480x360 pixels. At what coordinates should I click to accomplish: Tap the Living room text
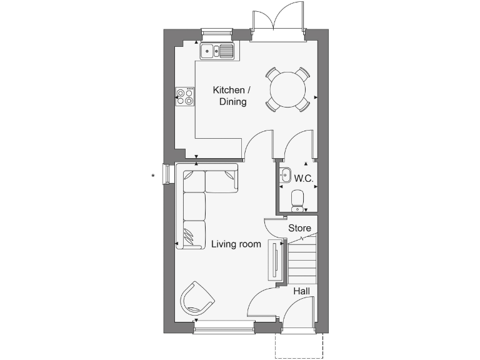click(x=236, y=244)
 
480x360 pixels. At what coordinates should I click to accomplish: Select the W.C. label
click(x=304, y=179)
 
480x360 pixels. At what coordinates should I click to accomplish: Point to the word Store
click(x=299, y=228)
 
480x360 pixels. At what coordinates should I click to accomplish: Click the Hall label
click(x=301, y=291)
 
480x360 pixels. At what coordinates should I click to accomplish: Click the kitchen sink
click(x=217, y=51)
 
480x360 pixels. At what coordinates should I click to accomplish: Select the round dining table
click(x=288, y=89)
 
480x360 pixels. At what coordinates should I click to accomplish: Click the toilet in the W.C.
click(x=298, y=200)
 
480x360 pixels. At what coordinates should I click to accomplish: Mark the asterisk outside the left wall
click(x=153, y=176)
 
